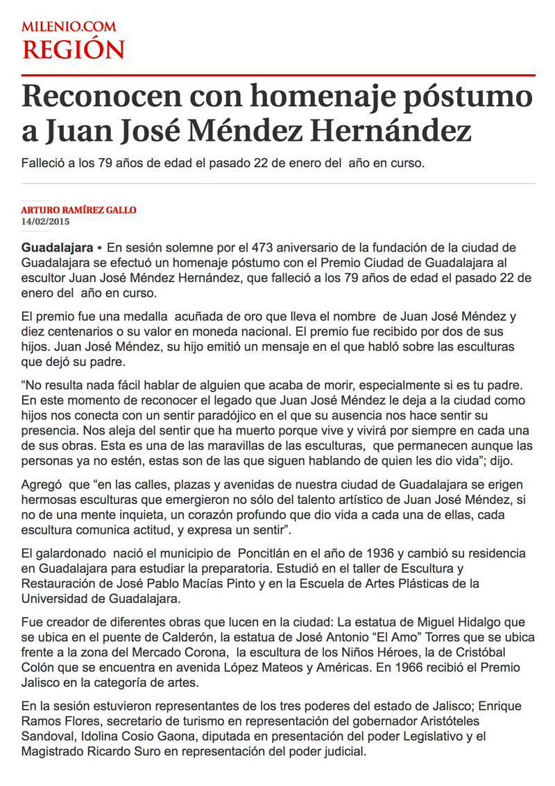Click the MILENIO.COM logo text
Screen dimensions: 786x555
69,27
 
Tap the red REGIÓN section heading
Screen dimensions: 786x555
73,50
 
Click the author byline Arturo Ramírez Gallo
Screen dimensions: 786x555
78,210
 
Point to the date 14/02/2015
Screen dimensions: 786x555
46,222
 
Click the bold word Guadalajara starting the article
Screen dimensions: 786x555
58,247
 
